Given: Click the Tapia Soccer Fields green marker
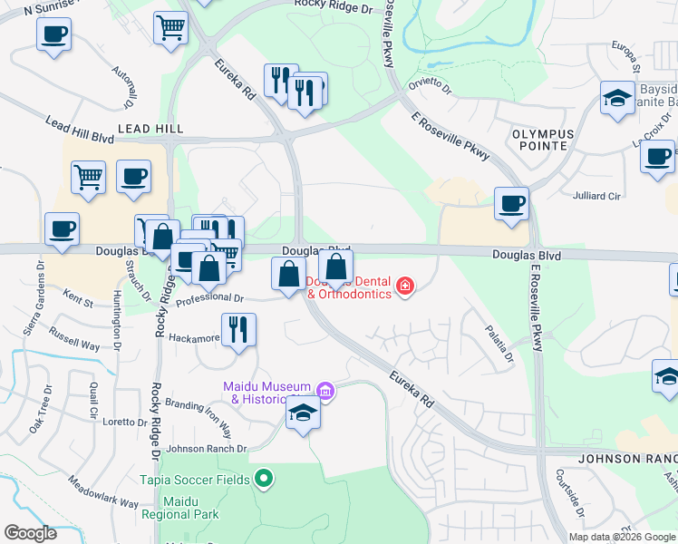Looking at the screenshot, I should click(x=264, y=477).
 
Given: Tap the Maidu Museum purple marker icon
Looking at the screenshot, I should click(x=326, y=392).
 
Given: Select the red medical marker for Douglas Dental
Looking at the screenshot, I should click(x=404, y=287).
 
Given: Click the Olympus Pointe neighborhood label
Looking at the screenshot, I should click(x=543, y=140).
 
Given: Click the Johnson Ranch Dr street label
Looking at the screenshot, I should click(x=206, y=448).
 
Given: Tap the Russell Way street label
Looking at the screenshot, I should click(x=75, y=340).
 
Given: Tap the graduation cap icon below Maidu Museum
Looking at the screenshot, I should click(x=303, y=414).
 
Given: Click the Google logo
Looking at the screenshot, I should click(x=30, y=533).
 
